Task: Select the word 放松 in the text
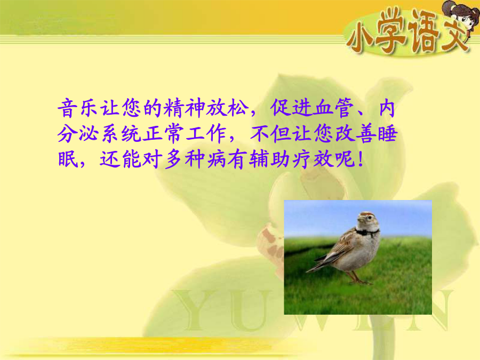[x=227, y=108]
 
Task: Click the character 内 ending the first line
[x=387, y=108]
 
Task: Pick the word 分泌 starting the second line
[x=77, y=134]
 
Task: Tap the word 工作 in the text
[x=206, y=134]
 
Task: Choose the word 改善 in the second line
[x=356, y=134]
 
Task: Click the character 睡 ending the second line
[x=388, y=134]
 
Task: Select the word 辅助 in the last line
[x=269, y=159]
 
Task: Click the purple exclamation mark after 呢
[x=361, y=159]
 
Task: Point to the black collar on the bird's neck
[x=366, y=233]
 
